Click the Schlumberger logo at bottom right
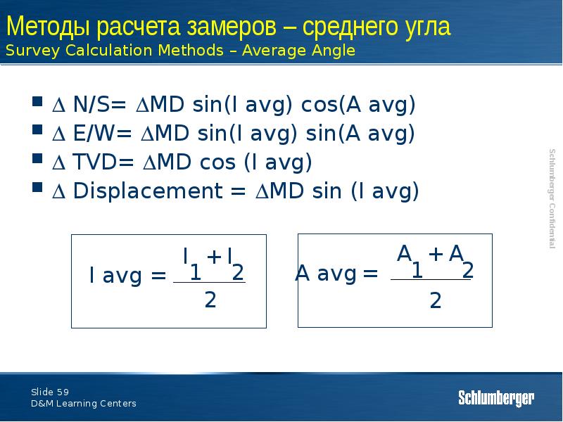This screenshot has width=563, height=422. click(x=496, y=398)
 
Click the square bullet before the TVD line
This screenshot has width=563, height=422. click(x=37, y=162)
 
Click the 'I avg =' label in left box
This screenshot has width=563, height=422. click(x=127, y=276)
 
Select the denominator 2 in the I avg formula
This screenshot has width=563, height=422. click(x=210, y=301)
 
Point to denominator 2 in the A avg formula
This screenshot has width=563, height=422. click(x=435, y=302)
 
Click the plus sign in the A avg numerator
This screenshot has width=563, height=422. click(x=436, y=255)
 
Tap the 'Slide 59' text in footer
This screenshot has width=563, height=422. click(x=49, y=392)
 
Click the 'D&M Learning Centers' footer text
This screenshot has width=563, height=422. click(x=83, y=404)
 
